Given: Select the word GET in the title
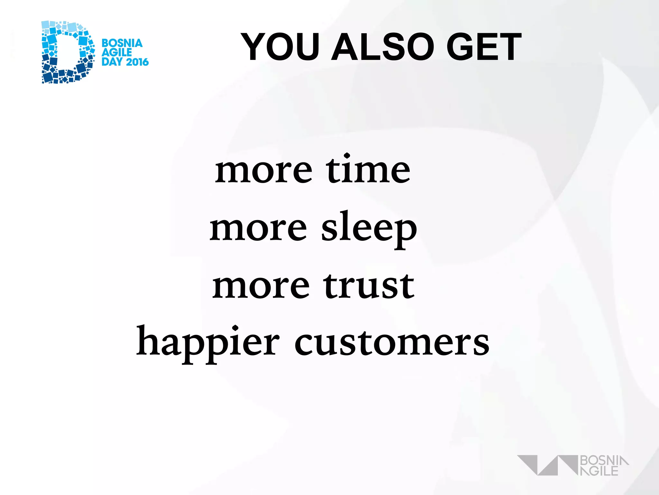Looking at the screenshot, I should (x=484, y=47).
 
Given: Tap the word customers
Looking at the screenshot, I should (x=392, y=343).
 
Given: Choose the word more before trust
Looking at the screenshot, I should (x=261, y=286).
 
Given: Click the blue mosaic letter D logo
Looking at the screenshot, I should (x=68, y=52).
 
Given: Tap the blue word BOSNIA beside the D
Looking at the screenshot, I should (x=122, y=43).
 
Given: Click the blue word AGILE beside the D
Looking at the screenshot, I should (x=116, y=53).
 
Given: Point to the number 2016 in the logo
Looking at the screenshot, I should (x=137, y=62).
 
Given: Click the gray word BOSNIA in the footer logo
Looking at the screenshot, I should (x=604, y=461).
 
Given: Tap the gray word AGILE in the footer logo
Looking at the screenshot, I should (x=599, y=471).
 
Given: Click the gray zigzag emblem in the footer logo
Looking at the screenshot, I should (x=547, y=465).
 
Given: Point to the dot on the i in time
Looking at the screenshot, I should (x=347, y=157).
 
